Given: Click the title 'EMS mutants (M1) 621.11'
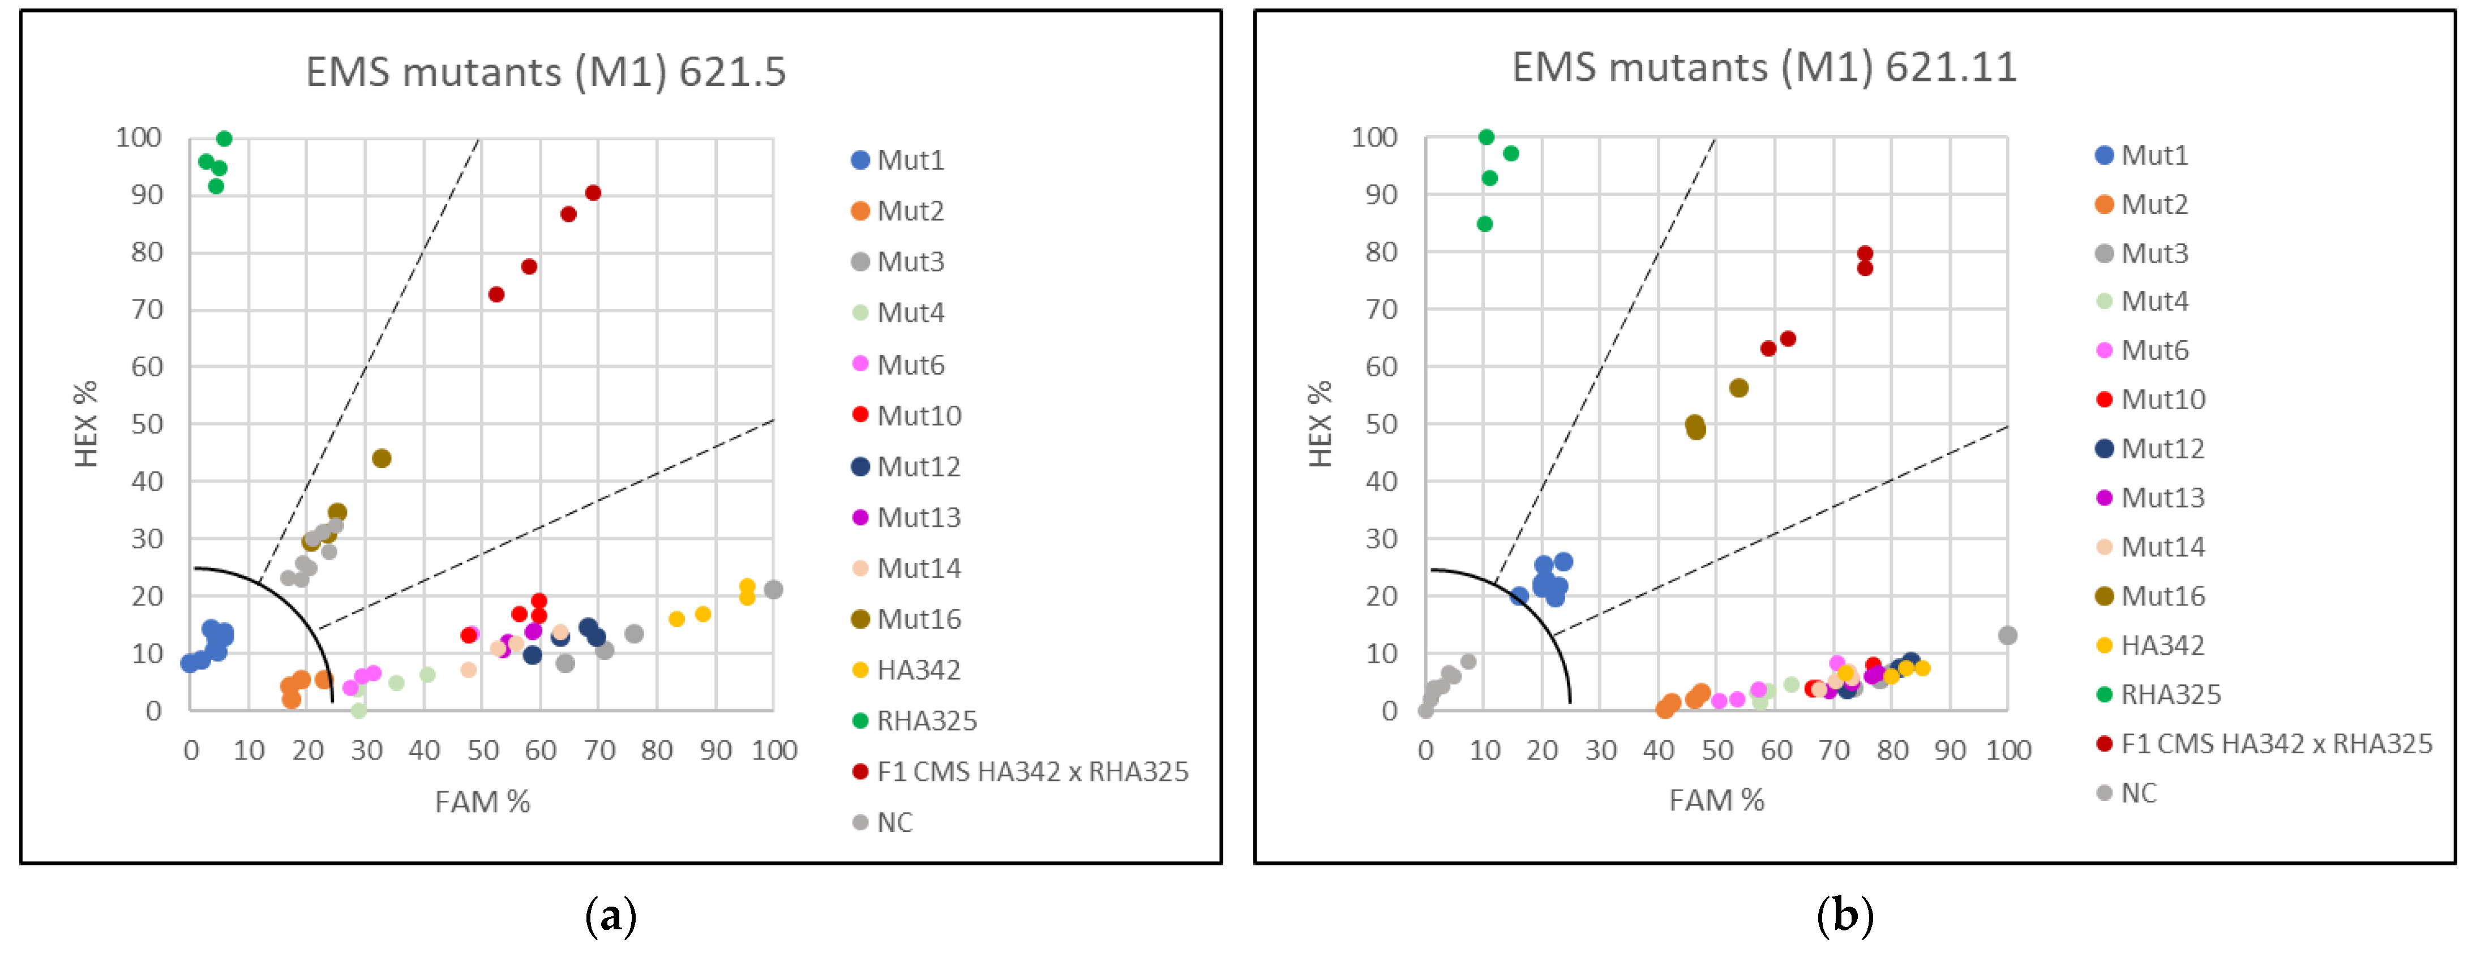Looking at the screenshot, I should pyautogui.click(x=1764, y=68).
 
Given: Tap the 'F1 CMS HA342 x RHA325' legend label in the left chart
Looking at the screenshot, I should pyautogui.click(x=1031, y=772).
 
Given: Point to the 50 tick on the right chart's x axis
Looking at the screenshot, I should pyautogui.click(x=1717, y=750).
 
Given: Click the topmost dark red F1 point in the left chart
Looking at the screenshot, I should pyautogui.click(x=593, y=193).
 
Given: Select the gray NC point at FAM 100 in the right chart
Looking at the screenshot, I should pyautogui.click(x=2007, y=636).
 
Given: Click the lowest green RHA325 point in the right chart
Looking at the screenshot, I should pyautogui.click(x=1485, y=224).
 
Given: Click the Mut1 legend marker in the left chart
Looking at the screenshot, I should pyautogui.click(x=860, y=160).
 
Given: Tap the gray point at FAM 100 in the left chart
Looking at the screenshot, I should pyautogui.click(x=773, y=589).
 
